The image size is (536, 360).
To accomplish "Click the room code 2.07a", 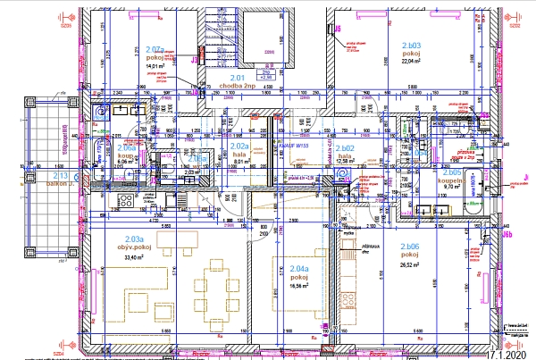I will click(153, 50).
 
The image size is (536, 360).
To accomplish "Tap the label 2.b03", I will click(411, 44).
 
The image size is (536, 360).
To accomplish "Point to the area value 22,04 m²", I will click(411, 63).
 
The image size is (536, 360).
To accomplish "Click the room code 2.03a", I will click(134, 239).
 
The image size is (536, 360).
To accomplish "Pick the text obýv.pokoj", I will click(134, 247).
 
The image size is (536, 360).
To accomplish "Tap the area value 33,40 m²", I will click(134, 258).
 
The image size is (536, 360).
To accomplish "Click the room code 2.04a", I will click(298, 268).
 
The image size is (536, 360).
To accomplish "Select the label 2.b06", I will click(410, 247).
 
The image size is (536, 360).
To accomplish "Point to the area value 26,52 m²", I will click(410, 265).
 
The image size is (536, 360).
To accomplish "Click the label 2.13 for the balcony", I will click(61, 177).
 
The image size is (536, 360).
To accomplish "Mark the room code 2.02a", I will click(239, 145).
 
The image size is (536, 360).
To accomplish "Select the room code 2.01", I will click(238, 79).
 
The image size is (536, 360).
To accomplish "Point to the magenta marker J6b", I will click(507, 234).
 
